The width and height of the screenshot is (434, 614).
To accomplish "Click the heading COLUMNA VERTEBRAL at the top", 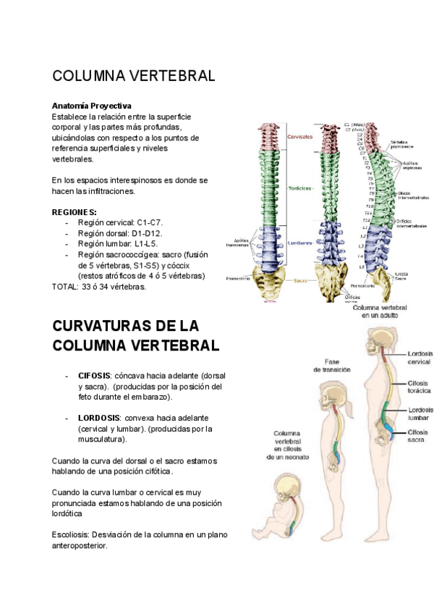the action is pyautogui.click(x=133, y=76).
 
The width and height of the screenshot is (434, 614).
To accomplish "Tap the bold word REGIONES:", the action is pyautogui.click(x=75, y=212).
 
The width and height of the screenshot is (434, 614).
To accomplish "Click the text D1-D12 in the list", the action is pyautogui.click(x=147, y=233).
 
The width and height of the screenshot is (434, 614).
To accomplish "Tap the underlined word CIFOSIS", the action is pyautogui.click(x=94, y=377).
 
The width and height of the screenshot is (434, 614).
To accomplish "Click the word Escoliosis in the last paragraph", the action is pyautogui.click(x=71, y=535).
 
